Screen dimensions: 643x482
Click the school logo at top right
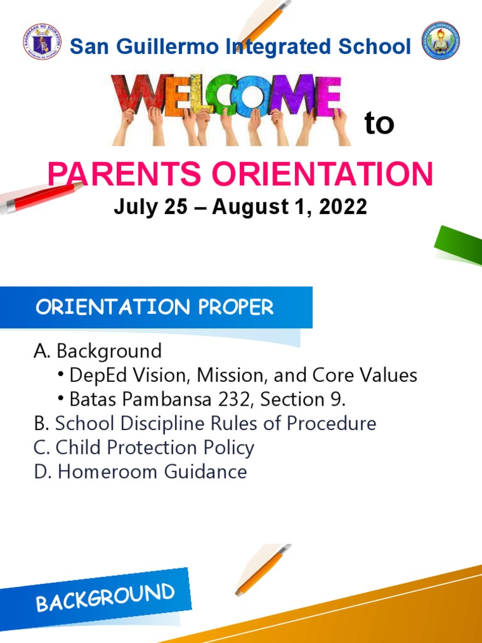click(x=440, y=41)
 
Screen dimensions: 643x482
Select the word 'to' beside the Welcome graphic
click(x=379, y=124)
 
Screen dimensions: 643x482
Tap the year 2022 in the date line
click(x=343, y=207)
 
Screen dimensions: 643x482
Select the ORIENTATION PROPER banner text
click(x=154, y=308)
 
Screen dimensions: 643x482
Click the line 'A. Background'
click(x=97, y=350)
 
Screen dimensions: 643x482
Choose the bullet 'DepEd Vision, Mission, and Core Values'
click(x=243, y=376)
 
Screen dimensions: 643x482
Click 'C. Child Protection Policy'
click(x=144, y=448)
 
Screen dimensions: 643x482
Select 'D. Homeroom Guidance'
click(x=140, y=472)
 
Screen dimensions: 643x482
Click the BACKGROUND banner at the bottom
click(x=105, y=597)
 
